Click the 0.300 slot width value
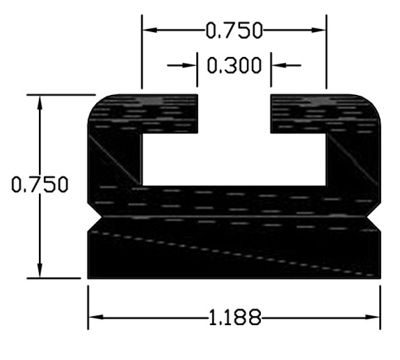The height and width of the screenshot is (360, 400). [234, 66]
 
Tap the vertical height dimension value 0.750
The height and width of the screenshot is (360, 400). [40, 185]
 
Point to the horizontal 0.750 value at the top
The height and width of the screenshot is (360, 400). [234, 31]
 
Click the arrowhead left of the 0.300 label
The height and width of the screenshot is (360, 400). [190, 66]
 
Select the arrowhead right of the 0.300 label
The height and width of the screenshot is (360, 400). [277, 66]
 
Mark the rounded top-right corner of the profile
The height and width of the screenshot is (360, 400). [373, 102]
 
